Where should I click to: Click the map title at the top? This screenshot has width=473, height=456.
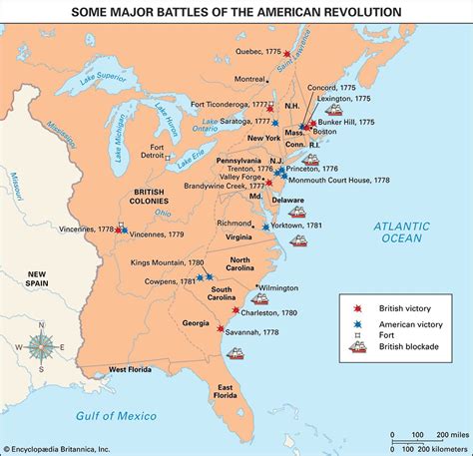(x=236, y=11)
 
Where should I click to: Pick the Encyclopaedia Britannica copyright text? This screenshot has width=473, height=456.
(x=75, y=448)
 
